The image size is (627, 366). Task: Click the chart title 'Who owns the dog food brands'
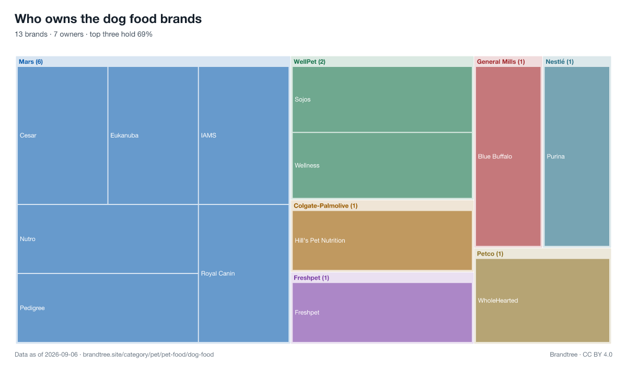pyautogui.click(x=108, y=19)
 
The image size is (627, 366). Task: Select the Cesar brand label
pyautogui.click(x=28, y=135)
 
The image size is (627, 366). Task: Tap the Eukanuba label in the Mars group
pyautogui.click(x=124, y=135)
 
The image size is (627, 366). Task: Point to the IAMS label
pyautogui.click(x=208, y=135)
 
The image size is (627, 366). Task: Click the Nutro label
pyautogui.click(x=27, y=239)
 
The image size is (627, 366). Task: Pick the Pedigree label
pyautogui.click(x=32, y=308)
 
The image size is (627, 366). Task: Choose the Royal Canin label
pyautogui.click(x=218, y=273)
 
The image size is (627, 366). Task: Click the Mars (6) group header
pyautogui.click(x=31, y=62)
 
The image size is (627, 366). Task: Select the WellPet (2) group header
pyautogui.click(x=309, y=62)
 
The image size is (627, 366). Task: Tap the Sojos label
pyautogui.click(x=303, y=99)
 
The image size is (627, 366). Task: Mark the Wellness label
pyautogui.click(x=307, y=166)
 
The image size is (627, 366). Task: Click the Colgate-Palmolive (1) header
pyautogui.click(x=326, y=206)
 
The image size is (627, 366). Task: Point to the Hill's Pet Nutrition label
pyautogui.click(x=320, y=241)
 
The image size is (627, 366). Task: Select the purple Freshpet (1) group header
pyautogui.click(x=311, y=278)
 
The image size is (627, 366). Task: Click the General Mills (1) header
pyautogui.click(x=501, y=62)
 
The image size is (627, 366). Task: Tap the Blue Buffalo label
pyautogui.click(x=495, y=156)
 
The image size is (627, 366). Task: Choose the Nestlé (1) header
pyautogui.click(x=560, y=62)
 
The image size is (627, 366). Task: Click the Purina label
pyautogui.click(x=555, y=156)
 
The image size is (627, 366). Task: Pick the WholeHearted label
pyautogui.click(x=498, y=301)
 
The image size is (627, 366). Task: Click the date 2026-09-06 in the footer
pyautogui.click(x=61, y=354)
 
